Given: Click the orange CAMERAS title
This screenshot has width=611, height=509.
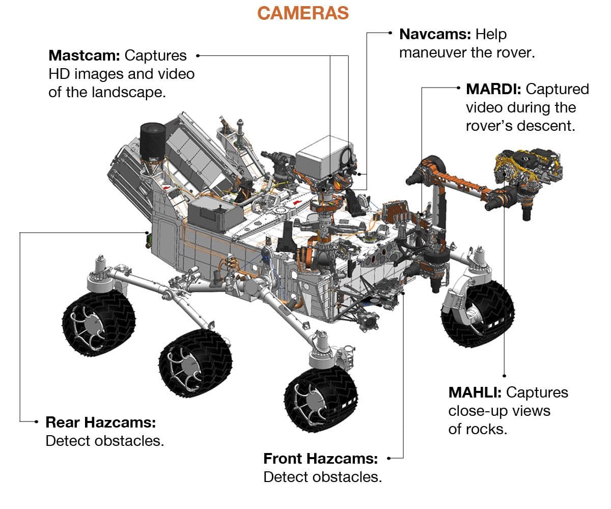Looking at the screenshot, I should coord(303,13).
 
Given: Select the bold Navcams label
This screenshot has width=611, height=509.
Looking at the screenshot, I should coord(435,34).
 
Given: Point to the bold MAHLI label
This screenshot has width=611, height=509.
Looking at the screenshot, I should coord(475,392).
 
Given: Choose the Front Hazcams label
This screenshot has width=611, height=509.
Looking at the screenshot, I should coord(320,459).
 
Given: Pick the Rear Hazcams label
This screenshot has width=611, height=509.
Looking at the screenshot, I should coord(100,422).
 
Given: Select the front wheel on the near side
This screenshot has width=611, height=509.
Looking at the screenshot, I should coord(321,400).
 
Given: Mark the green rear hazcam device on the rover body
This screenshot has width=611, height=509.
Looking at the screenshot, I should coord(148,239).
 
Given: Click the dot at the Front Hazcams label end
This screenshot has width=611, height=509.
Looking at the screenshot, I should coord(388,458).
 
